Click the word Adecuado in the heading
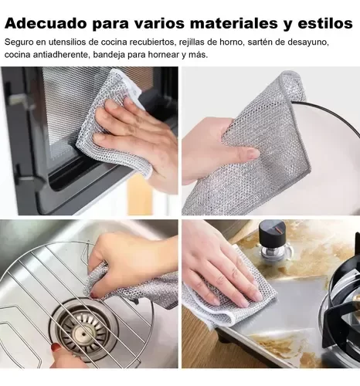pos(46,23)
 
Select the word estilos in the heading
pos(325,23)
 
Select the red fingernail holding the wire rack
pos(56,347)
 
